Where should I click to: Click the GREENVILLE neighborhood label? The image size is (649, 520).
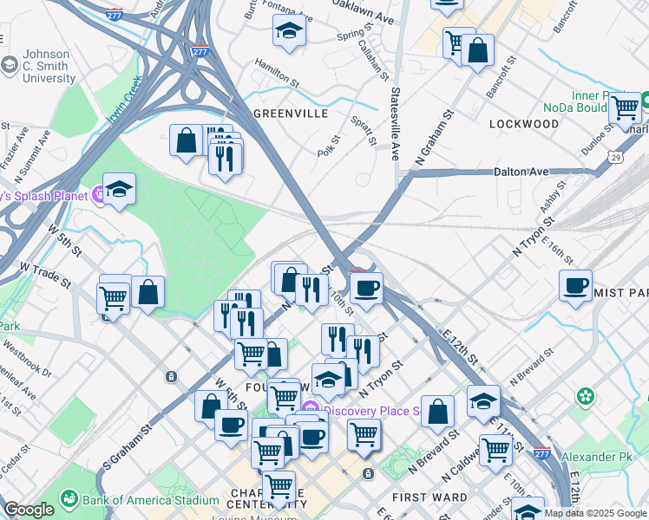(291, 114)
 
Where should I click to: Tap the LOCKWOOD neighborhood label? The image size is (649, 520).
(524, 124)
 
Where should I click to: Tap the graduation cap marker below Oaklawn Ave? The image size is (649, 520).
(289, 32)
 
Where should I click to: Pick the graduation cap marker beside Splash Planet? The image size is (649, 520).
(119, 189)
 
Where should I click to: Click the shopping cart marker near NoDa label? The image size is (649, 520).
(624, 108)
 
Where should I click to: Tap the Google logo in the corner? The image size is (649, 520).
(29, 510)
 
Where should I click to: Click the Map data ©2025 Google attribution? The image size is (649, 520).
(594, 513)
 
